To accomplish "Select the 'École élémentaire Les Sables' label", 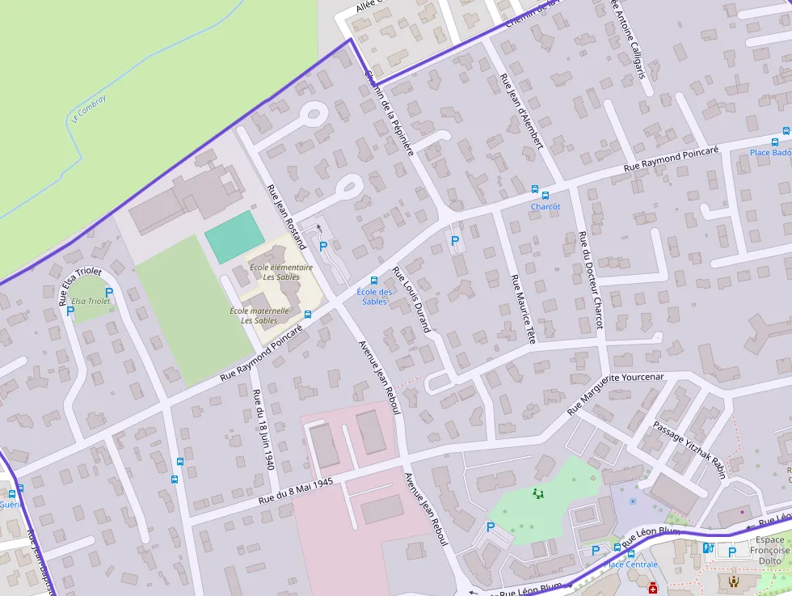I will [x=281, y=272].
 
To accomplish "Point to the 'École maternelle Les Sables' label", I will [x=259, y=315].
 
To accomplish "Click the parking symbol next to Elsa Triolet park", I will [x=109, y=292].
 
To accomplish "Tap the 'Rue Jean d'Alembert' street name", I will [x=520, y=112].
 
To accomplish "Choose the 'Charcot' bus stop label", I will [x=546, y=207].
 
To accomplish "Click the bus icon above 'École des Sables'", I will [x=373, y=280].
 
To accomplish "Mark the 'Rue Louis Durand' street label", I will [x=411, y=299].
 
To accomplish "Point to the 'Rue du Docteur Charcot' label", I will [x=590, y=280].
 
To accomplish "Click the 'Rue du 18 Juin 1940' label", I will [x=263, y=429].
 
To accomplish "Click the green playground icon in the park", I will [x=537, y=492].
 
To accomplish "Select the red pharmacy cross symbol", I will [x=652, y=589].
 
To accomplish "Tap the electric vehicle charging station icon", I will [x=708, y=548].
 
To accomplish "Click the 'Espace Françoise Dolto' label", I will [x=769, y=550].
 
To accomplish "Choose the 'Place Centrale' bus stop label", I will [x=630, y=564].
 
